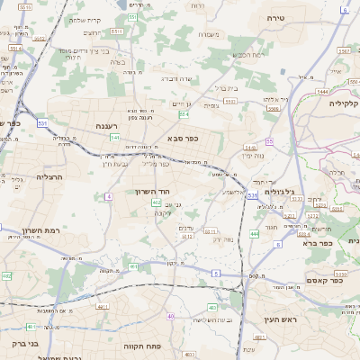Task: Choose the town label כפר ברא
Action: [319, 242]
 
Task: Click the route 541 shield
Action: [114, 138]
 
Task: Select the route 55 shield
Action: [269, 141]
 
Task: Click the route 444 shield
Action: [254, 234]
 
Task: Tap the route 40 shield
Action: [170, 316]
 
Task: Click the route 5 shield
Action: [216, 272]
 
